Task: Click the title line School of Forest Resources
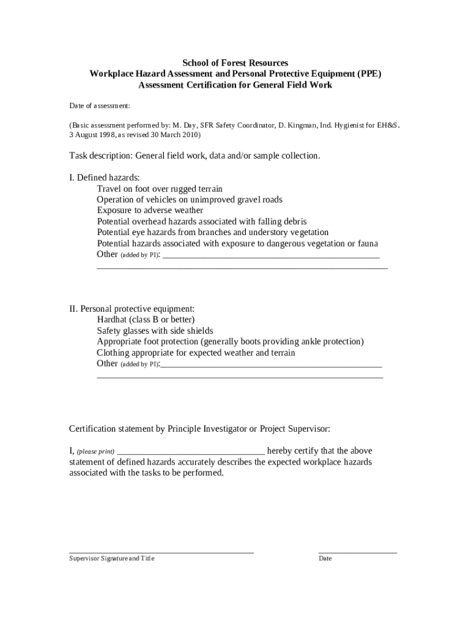[236, 63]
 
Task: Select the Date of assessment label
[99, 106]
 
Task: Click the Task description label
[100, 156]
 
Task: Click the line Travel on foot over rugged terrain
[160, 189]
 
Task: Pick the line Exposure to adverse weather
[150, 211]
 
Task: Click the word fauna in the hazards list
[367, 244]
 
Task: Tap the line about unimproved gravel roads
[190, 200]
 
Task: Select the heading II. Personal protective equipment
[132, 309]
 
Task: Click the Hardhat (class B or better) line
[146, 320]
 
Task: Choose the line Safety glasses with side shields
[155, 331]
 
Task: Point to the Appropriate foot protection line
[230, 342]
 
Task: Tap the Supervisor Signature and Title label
[112, 558]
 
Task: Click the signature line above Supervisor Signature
[161, 552]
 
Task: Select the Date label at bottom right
[325, 558]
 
